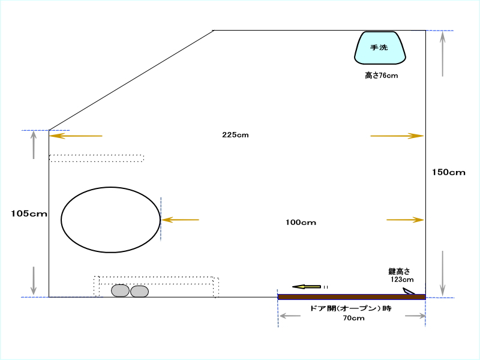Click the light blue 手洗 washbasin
[380, 48]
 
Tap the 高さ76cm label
[382, 76]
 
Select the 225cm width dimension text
[235, 135]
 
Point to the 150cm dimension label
[448, 172]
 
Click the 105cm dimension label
[29, 214]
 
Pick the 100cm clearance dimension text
[301, 223]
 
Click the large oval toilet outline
[110, 187]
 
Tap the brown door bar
[352, 297]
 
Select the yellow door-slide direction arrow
[307, 287]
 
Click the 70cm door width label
[353, 319]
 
